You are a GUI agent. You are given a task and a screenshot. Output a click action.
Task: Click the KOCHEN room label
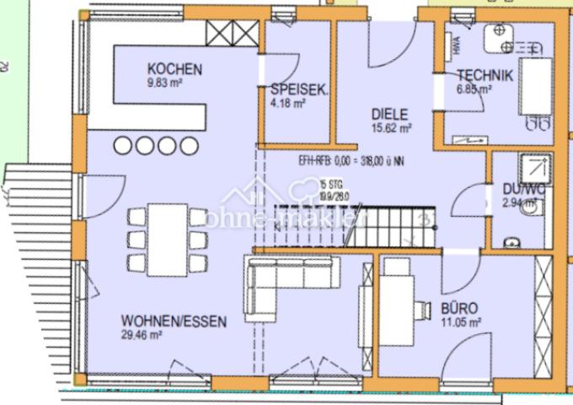pos(174,68)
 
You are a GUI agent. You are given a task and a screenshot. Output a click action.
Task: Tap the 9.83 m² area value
pos(165,83)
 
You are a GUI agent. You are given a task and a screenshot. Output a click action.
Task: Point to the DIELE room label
pos(390,114)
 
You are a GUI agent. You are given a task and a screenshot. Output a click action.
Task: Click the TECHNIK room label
pos(485,75)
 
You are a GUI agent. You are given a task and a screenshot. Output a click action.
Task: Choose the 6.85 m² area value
pos(474,89)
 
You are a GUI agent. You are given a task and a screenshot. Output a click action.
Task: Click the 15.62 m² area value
pos(392,129)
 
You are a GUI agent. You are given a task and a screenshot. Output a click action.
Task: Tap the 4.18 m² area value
pos(287,105)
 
